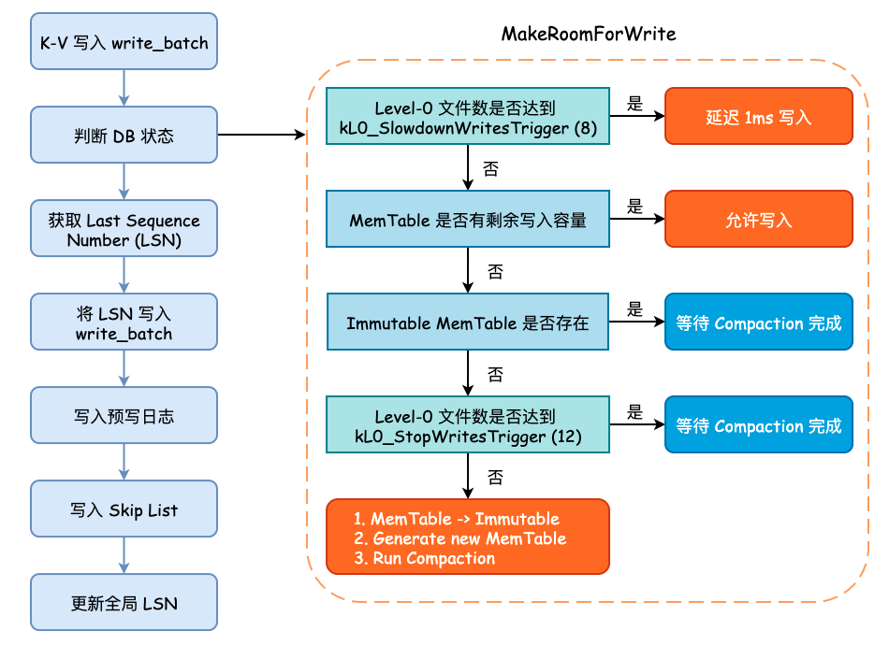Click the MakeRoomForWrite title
[589, 34]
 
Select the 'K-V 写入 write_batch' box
[124, 42]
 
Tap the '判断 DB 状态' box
[124, 136]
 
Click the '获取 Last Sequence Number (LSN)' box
[124, 229]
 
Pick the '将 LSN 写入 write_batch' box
[124, 322]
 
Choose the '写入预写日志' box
[124, 416]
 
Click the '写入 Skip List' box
[124, 509]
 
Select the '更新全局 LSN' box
[124, 603]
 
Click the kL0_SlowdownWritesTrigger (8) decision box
[467, 117]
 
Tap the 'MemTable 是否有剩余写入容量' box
[467, 220]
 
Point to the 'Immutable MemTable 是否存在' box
[467, 322]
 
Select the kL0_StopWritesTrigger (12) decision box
[467, 425]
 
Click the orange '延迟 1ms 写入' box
[758, 117]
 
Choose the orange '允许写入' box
[758, 220]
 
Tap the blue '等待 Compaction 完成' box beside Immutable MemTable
[758, 322]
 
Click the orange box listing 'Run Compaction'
[467, 537]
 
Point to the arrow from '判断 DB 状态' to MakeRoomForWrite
[262, 136]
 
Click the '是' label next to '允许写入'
[635, 207]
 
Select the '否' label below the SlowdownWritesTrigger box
[490, 169]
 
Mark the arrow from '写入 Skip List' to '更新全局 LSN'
[124, 556]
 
